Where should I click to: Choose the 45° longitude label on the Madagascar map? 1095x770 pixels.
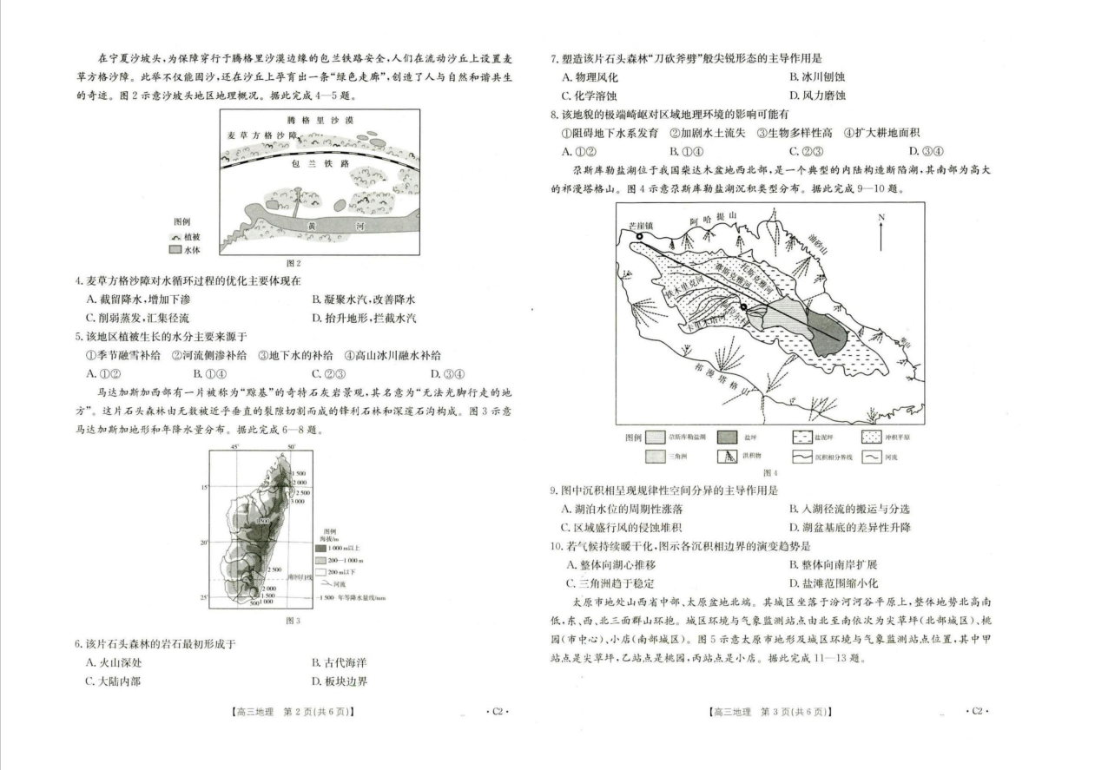pos(234,448)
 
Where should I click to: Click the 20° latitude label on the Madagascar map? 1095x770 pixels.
pos(206,542)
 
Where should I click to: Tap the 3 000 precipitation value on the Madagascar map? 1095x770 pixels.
pos(299,501)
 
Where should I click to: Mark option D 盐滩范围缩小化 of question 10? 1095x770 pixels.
pos(830,583)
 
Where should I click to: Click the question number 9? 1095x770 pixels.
pos(553,490)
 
